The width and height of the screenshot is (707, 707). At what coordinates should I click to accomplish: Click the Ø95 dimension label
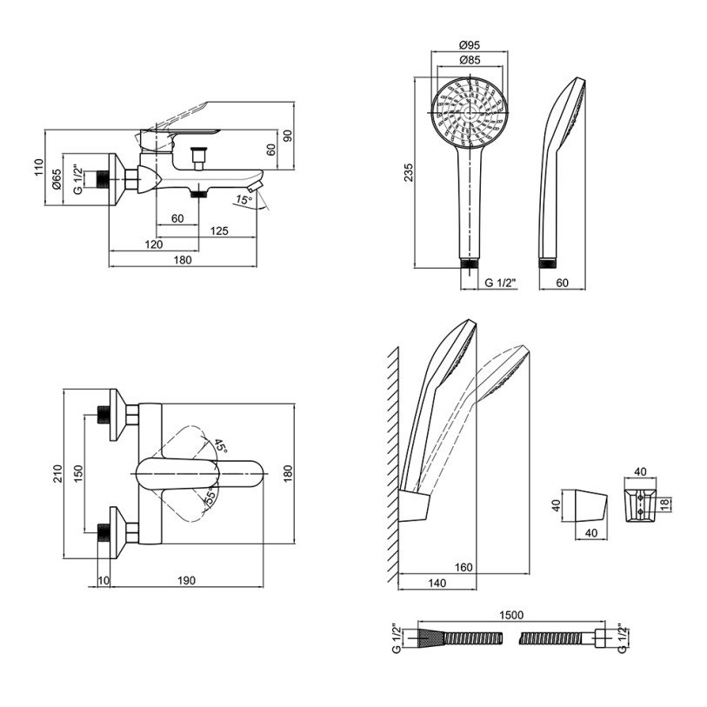click(x=469, y=46)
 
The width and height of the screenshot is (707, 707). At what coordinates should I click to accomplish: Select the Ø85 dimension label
click(x=469, y=61)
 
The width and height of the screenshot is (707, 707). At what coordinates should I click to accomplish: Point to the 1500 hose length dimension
click(x=512, y=616)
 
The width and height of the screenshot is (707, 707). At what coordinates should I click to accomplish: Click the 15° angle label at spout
click(x=243, y=201)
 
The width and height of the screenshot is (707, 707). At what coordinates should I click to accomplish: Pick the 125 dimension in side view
click(x=220, y=230)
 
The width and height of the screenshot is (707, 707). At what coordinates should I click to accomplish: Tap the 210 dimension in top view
click(x=57, y=474)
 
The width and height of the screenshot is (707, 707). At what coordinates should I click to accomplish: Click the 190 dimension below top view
click(x=186, y=581)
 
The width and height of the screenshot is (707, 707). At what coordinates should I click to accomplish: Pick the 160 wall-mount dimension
click(x=464, y=567)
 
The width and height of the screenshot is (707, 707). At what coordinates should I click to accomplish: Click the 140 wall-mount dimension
click(x=437, y=583)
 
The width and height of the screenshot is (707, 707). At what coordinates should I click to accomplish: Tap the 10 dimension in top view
click(x=103, y=581)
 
